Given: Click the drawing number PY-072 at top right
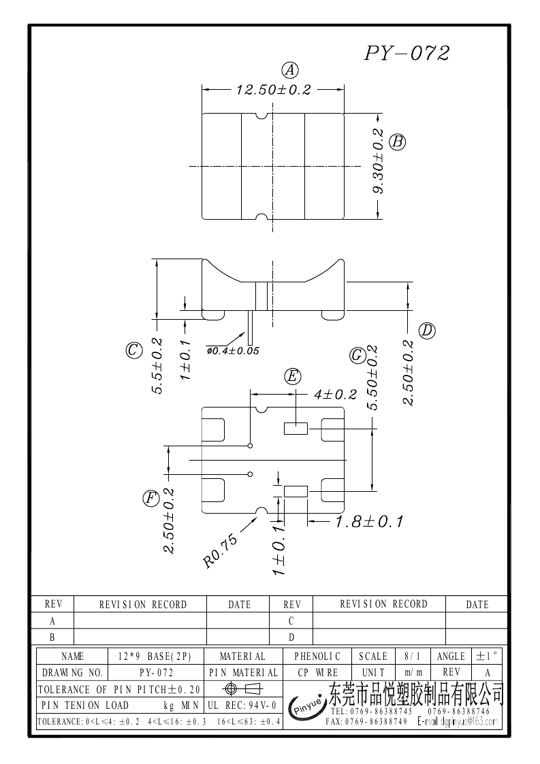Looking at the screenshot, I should point(407,54).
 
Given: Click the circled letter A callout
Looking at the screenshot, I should point(291,69).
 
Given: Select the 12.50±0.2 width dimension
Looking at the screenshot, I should point(273,90).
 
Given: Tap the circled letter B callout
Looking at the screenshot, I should point(398,142).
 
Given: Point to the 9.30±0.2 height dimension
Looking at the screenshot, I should point(379,162).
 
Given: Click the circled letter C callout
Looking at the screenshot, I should point(133,350).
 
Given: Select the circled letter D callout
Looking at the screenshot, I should point(427,331).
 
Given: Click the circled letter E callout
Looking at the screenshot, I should point(292,376).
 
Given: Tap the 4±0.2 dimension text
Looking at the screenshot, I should point(335,395).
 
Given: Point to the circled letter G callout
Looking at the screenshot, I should point(356,355).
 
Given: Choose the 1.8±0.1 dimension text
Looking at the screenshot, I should point(369,522).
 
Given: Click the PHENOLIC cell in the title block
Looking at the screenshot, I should point(317,657).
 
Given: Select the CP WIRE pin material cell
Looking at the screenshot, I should point(317,672).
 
